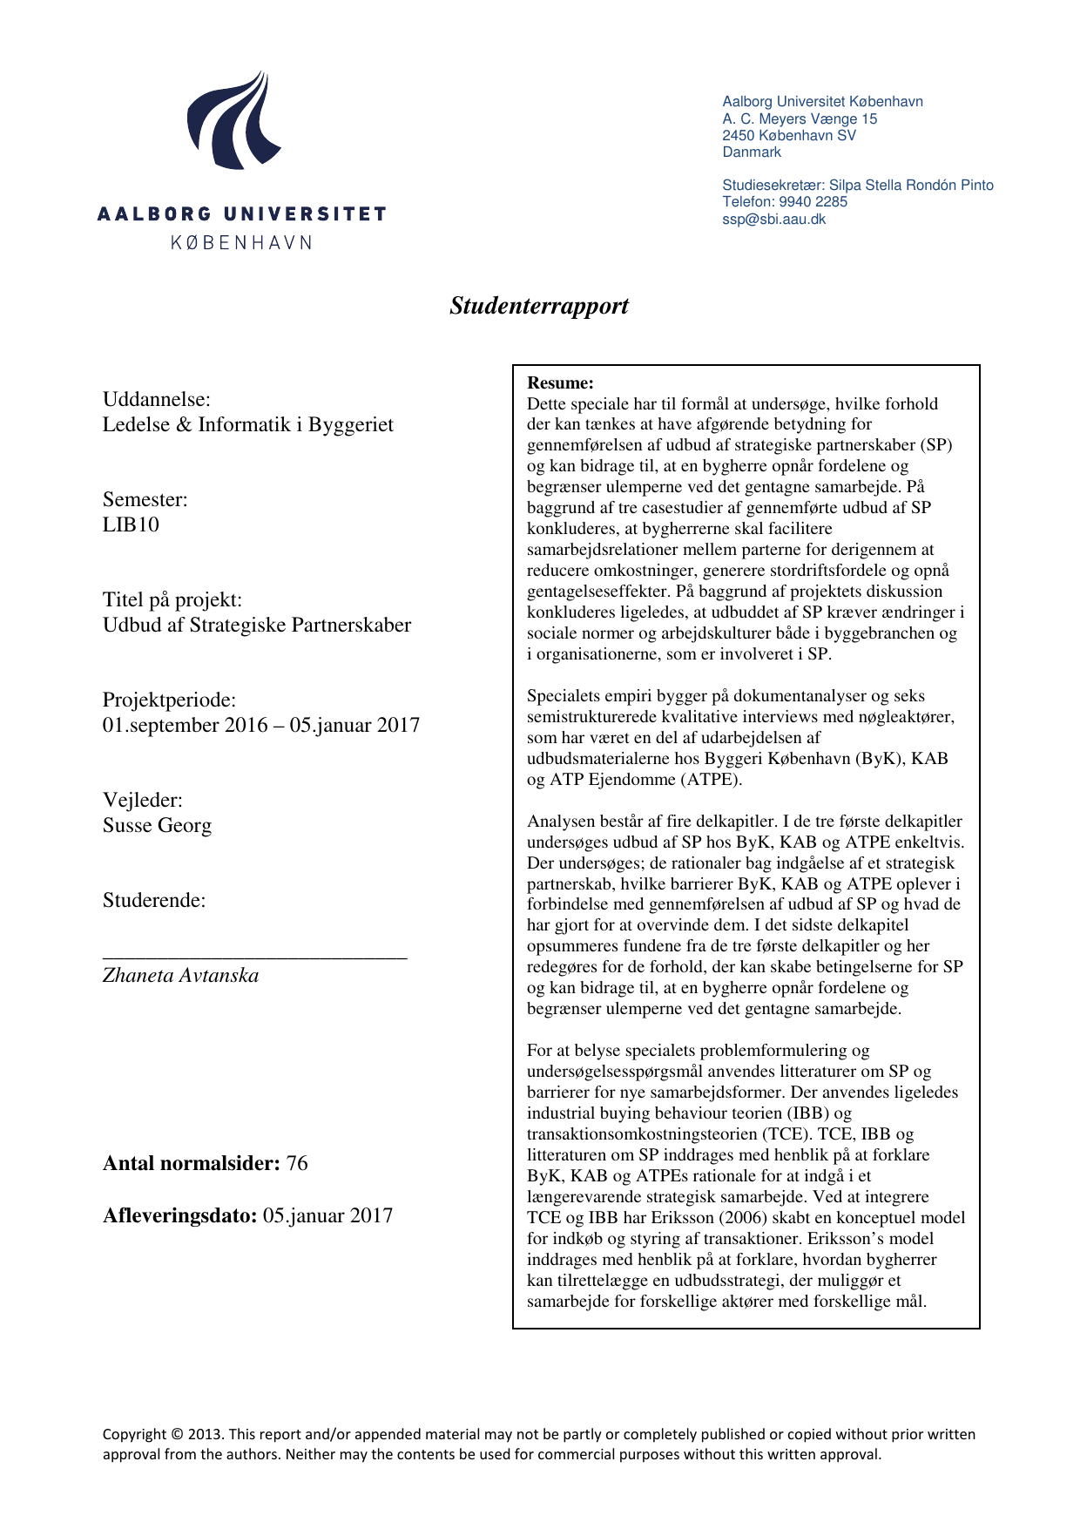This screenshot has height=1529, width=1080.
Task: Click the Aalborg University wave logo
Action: point(233,121)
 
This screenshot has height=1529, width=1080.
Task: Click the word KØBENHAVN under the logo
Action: point(241,243)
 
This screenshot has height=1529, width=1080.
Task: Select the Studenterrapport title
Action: point(539,306)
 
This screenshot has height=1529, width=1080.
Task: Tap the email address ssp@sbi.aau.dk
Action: point(773,220)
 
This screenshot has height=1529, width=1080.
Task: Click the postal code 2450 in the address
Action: point(738,136)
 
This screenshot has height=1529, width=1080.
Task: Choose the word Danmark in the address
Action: point(752,152)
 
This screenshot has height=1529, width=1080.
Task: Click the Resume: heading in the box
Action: point(560,382)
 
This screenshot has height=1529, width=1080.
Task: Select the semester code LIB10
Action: point(131,524)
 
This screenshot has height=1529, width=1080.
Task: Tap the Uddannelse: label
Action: point(157,400)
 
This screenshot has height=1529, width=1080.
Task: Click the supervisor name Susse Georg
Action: point(157,825)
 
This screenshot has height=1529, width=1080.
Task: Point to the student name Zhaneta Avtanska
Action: point(180,976)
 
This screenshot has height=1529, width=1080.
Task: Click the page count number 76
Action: point(297,1164)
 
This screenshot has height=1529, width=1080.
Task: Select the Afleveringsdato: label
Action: point(180,1216)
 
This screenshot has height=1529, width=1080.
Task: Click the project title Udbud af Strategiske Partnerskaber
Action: point(257,626)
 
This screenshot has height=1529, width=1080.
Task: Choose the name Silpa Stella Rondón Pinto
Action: point(911,186)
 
